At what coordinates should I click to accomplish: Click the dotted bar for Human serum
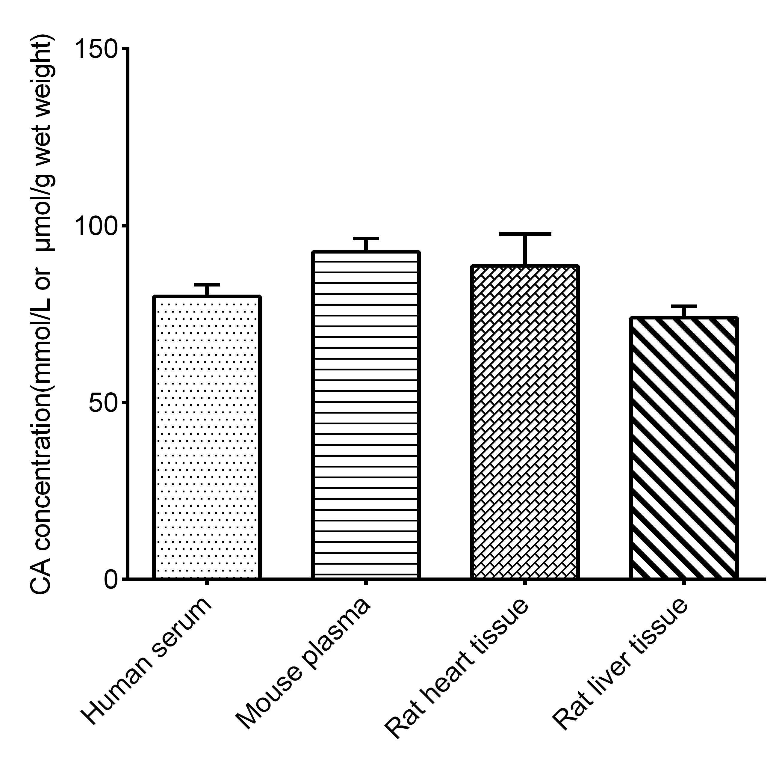point(206,437)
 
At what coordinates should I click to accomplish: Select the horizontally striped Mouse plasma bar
point(365,415)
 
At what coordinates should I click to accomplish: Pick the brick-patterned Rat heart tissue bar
point(524,422)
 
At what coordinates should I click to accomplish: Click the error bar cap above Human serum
point(206,285)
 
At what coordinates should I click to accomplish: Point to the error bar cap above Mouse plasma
point(365,239)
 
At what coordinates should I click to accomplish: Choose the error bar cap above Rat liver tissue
point(684,306)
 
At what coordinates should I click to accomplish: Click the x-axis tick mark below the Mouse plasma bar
point(365,583)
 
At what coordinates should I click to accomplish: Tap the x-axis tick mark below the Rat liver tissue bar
point(684,583)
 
